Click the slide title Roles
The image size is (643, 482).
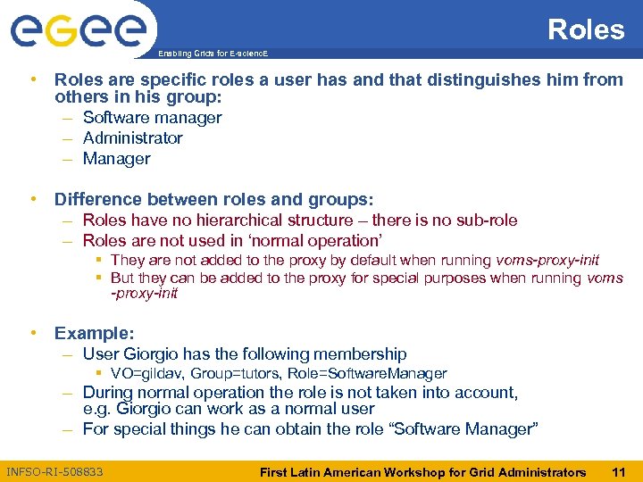pos(585,29)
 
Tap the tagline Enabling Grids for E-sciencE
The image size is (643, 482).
pos(212,54)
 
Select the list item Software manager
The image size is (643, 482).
pos(152,118)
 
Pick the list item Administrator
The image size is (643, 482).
pos(132,138)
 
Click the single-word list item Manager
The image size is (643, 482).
pos(116,159)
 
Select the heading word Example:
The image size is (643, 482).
pos(94,333)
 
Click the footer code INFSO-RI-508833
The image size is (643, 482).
pos(54,471)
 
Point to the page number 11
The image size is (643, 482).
pos(618,471)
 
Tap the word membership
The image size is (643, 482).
pos(361,354)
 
